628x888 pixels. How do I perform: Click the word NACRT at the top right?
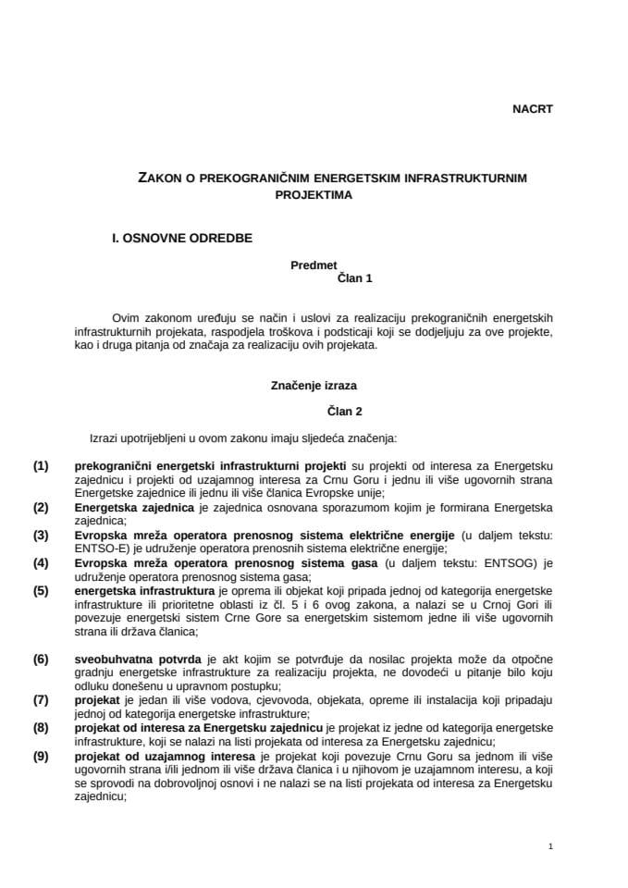[532, 108]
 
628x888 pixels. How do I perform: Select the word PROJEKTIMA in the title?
[314, 195]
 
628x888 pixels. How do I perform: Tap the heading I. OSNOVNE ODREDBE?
[181, 237]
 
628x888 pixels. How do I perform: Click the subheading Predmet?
[314, 265]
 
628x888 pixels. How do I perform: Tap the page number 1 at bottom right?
[549, 846]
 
